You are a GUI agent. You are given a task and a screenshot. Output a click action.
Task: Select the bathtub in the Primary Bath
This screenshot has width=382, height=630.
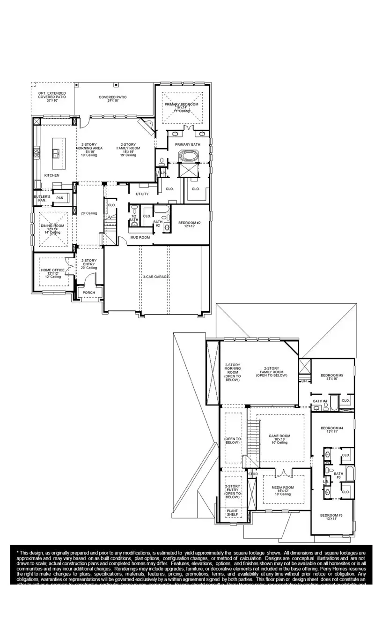[x=188, y=155]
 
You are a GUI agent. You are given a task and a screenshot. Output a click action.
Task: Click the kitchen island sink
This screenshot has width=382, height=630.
[x=56, y=151]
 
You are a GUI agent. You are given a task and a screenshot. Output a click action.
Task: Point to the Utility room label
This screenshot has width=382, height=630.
[x=142, y=194]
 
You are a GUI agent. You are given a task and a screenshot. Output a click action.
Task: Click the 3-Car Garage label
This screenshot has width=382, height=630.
[x=156, y=277]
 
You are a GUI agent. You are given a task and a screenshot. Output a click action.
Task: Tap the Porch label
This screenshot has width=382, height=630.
[x=88, y=292]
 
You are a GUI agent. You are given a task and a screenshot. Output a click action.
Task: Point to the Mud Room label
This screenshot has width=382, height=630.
[x=140, y=238]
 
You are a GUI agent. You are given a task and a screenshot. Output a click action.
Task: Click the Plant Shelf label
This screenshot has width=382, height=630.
[x=232, y=512]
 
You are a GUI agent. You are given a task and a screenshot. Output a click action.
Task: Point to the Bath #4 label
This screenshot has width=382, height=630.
[x=320, y=401]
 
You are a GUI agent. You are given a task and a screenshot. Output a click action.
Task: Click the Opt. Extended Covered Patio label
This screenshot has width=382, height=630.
[x=52, y=97]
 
